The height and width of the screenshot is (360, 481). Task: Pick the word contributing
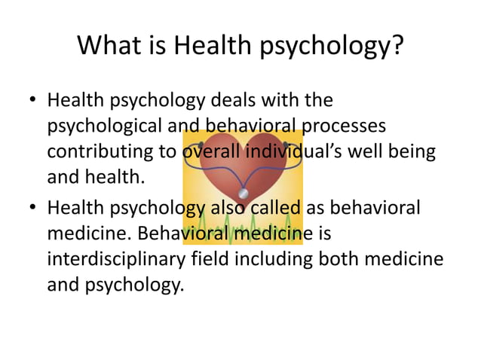coord(101,151)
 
